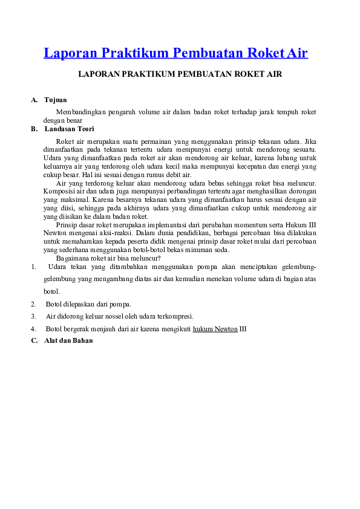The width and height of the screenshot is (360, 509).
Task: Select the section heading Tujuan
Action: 55,100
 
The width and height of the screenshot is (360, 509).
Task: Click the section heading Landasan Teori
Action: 69,129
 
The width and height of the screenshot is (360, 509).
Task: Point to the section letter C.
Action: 34,340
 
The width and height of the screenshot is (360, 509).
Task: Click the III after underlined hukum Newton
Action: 243,329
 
